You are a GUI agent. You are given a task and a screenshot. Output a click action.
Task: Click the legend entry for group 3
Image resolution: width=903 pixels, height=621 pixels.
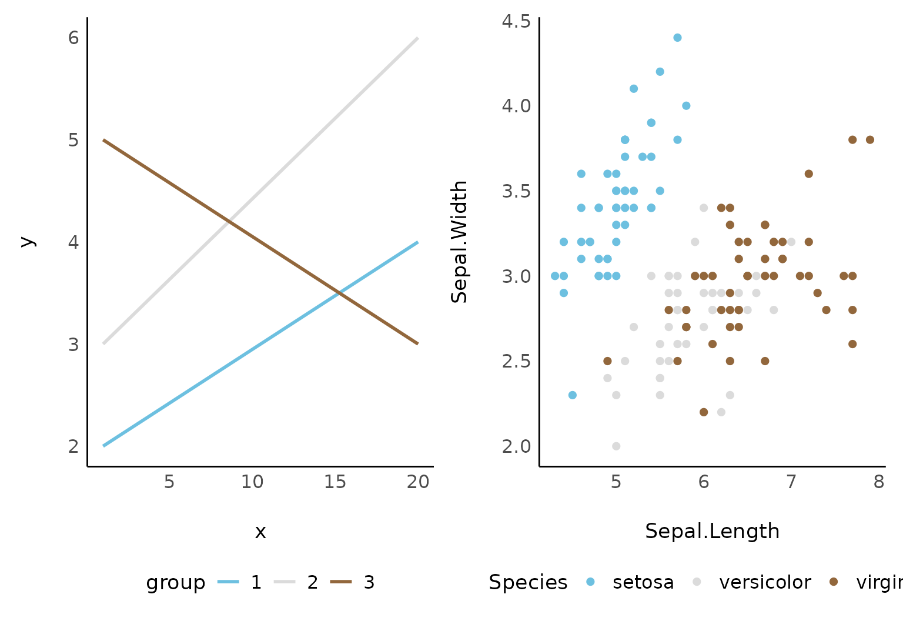point(353,582)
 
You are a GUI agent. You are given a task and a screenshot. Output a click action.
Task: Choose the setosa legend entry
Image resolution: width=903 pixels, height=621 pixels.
point(632,582)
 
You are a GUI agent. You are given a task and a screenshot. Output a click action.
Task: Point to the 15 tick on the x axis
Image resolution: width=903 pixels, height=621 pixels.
point(335,482)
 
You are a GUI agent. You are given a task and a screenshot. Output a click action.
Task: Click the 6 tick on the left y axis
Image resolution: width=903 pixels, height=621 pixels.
point(73,38)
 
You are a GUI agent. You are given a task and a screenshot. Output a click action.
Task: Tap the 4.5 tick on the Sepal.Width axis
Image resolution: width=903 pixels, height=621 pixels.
point(516,21)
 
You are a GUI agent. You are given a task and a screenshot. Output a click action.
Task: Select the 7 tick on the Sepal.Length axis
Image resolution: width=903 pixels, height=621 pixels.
point(791,482)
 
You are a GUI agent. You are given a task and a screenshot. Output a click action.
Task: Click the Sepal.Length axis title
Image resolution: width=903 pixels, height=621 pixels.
point(712,531)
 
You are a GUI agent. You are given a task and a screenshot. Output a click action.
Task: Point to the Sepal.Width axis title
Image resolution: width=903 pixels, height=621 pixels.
point(459,242)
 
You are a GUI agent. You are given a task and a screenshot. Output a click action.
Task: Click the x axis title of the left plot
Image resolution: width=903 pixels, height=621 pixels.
point(260,532)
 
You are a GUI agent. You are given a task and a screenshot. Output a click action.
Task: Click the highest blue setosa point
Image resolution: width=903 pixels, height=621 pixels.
point(677,38)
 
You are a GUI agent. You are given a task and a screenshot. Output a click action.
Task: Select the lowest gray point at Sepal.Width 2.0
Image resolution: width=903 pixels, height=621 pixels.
point(616,446)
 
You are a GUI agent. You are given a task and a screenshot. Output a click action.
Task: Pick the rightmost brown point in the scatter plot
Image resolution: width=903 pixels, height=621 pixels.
point(870,140)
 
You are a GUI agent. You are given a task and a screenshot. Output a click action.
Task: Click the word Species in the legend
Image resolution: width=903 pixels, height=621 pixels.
point(528,582)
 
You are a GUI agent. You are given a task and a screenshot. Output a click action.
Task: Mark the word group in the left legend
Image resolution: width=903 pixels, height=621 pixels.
point(176,582)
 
